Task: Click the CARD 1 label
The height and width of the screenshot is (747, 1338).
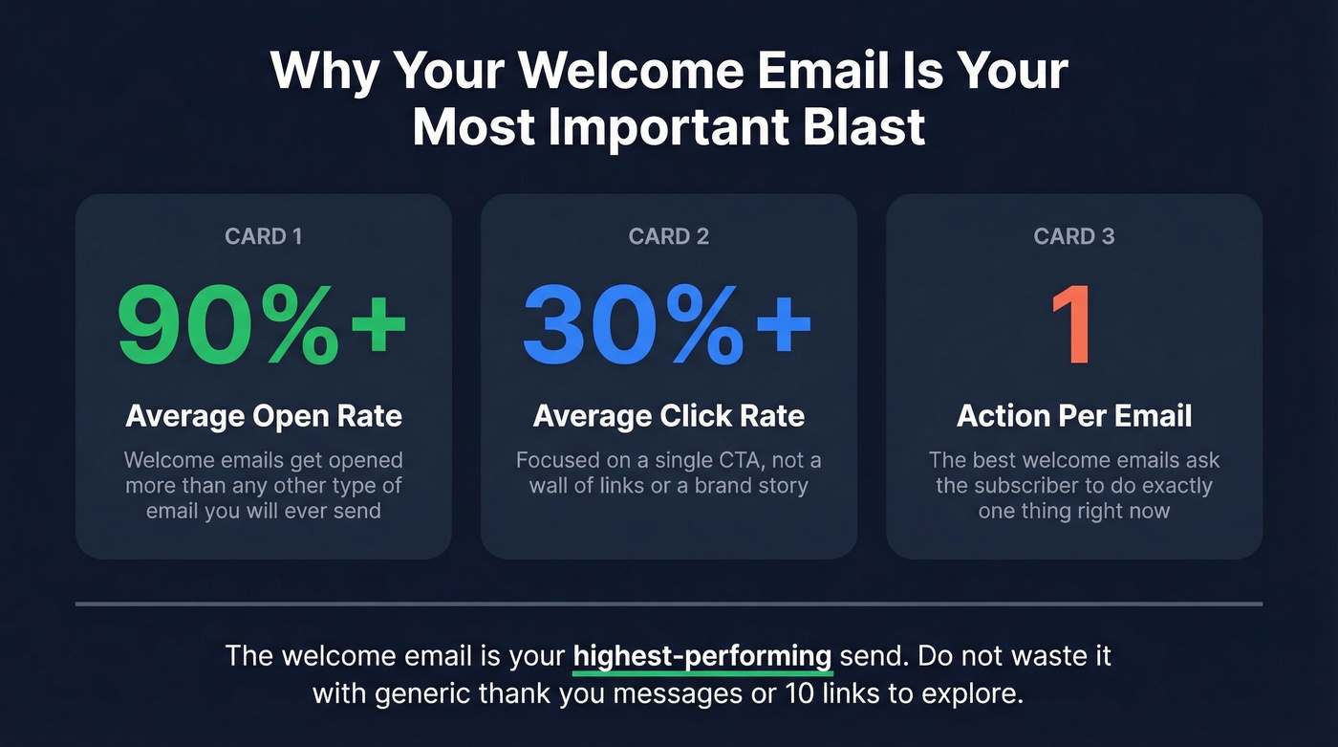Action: coord(263,236)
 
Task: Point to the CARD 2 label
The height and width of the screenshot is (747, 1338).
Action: coord(668,236)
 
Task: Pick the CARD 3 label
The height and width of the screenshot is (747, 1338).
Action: coord(1073,236)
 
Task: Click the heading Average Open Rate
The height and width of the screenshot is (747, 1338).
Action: coord(263,416)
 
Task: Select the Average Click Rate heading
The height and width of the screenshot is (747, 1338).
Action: coord(668,416)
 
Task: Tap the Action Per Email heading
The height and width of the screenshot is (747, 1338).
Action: coord(1073,416)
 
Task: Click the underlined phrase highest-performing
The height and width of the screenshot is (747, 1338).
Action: coord(702,656)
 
